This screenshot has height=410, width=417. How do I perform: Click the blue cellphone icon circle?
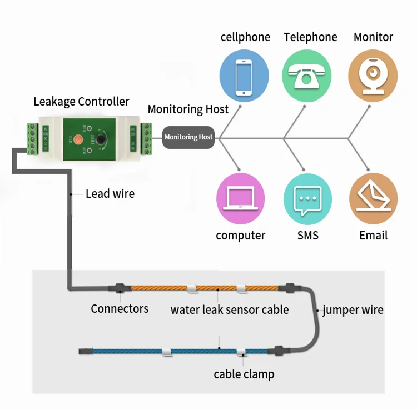coord(244,76)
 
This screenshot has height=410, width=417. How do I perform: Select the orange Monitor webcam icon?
coord(373,76)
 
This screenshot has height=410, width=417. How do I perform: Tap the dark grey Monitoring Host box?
coord(188,137)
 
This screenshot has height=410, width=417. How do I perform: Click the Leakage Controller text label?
coord(81,102)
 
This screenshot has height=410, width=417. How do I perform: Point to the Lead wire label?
coord(110,194)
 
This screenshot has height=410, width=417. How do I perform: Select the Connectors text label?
coord(120,309)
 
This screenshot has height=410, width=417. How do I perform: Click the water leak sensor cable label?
coord(230,310)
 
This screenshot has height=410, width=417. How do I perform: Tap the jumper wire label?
coord(353,310)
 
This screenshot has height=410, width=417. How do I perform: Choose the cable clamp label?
coord(244,374)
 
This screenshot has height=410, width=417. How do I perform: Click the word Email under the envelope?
coord(373,236)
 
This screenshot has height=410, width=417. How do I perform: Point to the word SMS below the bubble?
coord(307,236)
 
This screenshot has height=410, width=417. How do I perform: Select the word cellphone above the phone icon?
coord(245,37)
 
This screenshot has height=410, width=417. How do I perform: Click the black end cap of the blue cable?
coord(86,352)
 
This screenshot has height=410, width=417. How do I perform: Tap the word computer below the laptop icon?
coord(240,236)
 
